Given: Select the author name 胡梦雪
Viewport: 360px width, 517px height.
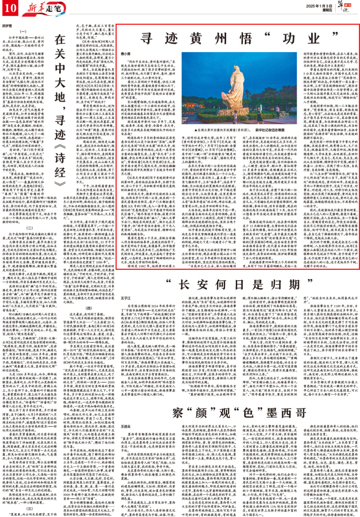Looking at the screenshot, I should [8, 26].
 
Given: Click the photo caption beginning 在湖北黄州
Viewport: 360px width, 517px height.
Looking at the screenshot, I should [239, 129].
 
